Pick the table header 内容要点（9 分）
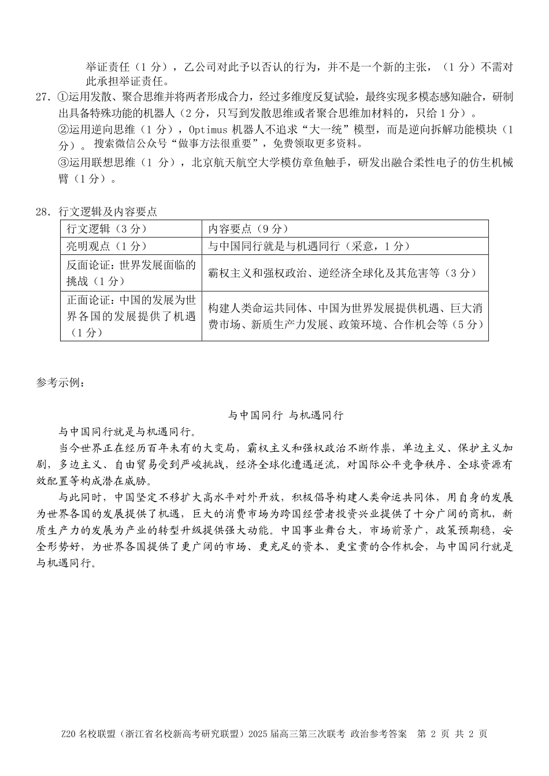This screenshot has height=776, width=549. pyautogui.click(x=248, y=229)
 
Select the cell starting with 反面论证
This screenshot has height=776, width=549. pyautogui.click(x=131, y=273)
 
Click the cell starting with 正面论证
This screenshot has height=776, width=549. pyautogui.click(x=131, y=316)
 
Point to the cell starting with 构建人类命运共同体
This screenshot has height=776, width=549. pyautogui.click(x=345, y=316)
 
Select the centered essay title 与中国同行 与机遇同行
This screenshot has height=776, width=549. pyautogui.click(x=285, y=415)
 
